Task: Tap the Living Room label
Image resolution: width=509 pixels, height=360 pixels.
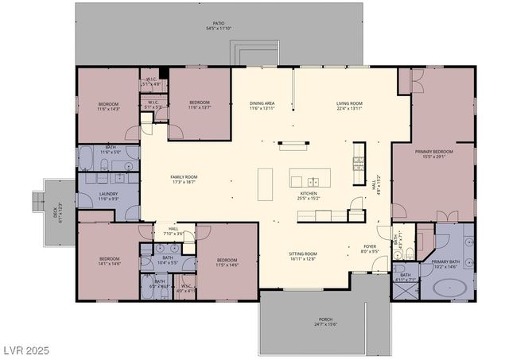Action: (x=349, y=105)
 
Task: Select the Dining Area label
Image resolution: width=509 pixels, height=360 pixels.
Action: (x=262, y=105)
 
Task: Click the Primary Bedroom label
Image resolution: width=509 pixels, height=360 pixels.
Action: (x=434, y=153)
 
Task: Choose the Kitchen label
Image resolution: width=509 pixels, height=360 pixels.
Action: (x=309, y=195)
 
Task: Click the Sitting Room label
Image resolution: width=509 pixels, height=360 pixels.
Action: (x=302, y=256)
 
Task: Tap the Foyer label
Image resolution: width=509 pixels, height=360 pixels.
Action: (x=371, y=249)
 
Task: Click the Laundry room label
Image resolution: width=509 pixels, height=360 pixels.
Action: (x=109, y=195)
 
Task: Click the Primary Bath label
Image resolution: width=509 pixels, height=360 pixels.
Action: (x=445, y=263)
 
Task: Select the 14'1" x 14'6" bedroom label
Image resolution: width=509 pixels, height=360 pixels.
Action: (x=109, y=261)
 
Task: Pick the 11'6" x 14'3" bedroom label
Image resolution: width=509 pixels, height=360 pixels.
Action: (x=108, y=106)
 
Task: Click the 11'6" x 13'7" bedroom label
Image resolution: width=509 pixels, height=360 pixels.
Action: (x=199, y=105)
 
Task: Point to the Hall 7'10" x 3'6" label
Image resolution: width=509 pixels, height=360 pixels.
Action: (x=173, y=231)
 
